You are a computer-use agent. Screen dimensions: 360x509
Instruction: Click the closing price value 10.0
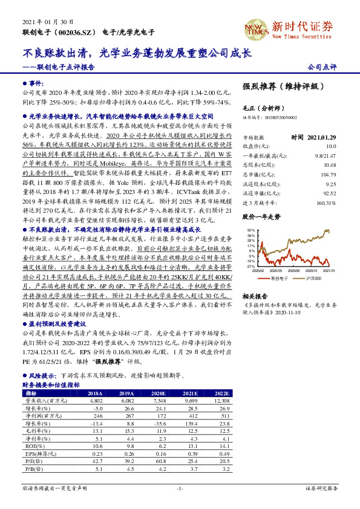(x=330, y=146)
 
